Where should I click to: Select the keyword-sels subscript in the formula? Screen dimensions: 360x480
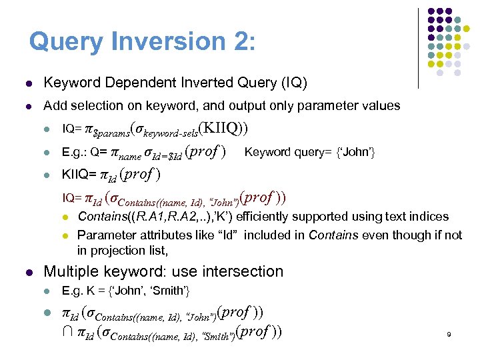click(x=170, y=131)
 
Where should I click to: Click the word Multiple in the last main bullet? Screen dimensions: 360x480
click(x=69, y=271)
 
